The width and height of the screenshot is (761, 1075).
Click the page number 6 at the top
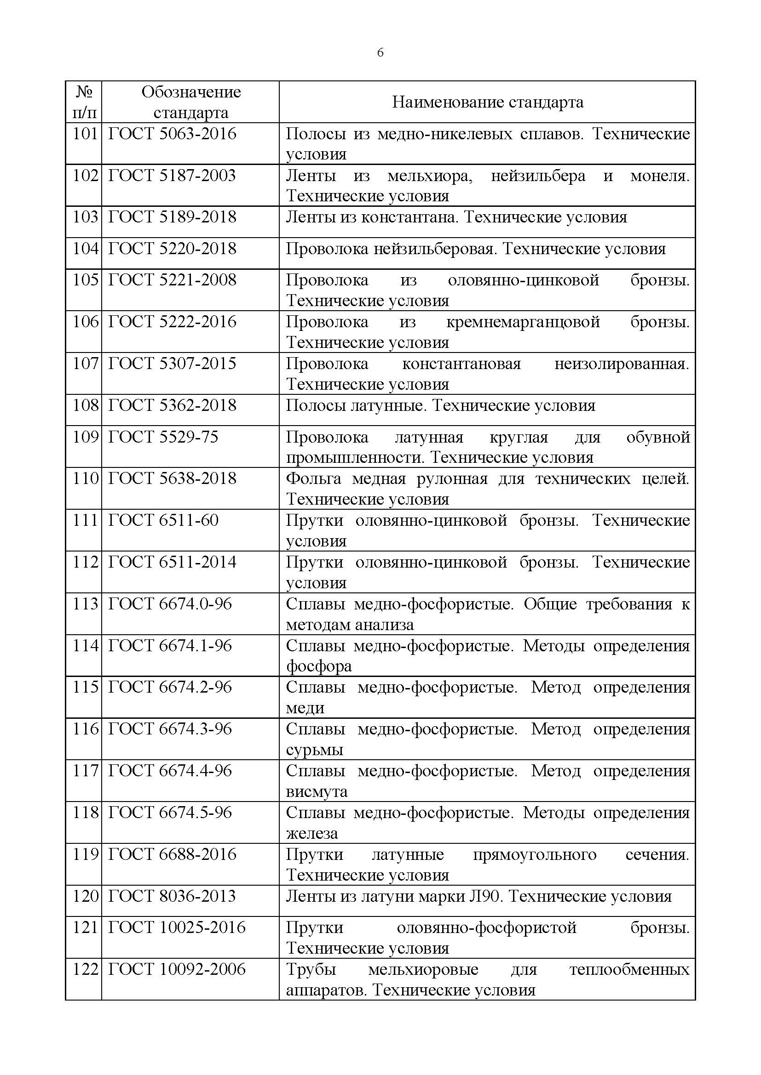pyautogui.click(x=380, y=53)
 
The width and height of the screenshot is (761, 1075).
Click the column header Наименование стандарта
pyautogui.click(x=487, y=102)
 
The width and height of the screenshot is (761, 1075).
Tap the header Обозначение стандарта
pyautogui.click(x=191, y=102)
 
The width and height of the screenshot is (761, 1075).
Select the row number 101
pyautogui.click(x=85, y=134)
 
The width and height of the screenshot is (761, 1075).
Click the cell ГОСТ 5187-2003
pyautogui.click(x=172, y=176)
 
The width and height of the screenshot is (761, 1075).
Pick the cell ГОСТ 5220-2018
pyautogui.click(x=172, y=249)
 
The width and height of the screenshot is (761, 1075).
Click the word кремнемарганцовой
pyautogui.click(x=523, y=322)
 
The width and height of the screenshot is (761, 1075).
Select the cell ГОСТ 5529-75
pyautogui.click(x=163, y=437)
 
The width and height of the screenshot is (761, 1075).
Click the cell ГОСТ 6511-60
pyautogui.click(x=163, y=520)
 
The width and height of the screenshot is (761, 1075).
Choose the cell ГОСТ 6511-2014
pyautogui.click(x=172, y=562)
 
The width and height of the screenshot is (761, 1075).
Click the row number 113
pyautogui.click(x=85, y=604)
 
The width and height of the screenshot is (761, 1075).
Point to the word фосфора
pyautogui.click(x=319, y=666)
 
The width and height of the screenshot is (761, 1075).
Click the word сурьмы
pyautogui.click(x=314, y=750)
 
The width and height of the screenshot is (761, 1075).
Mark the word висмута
pyautogui.click(x=317, y=791)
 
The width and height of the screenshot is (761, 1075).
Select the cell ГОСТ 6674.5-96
pyautogui.click(x=170, y=812)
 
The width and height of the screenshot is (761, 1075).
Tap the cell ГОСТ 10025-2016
pyautogui.click(x=177, y=927)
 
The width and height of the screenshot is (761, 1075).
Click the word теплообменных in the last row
pyautogui.click(x=629, y=969)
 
